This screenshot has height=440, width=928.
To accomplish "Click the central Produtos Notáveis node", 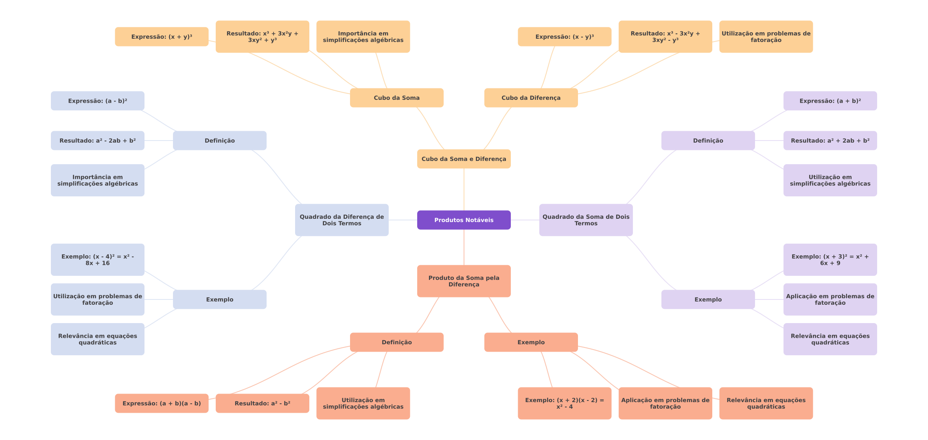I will (x=464, y=220).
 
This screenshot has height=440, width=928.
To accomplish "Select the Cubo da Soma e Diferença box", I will (x=464, y=159).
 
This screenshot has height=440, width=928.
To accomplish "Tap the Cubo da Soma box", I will (x=396, y=98).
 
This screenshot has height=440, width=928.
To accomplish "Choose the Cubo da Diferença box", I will (x=531, y=98).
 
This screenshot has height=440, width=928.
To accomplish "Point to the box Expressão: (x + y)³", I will (x=162, y=37).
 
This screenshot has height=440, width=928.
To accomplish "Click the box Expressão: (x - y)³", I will (x=565, y=37).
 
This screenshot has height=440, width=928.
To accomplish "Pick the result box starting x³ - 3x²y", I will (x=665, y=37).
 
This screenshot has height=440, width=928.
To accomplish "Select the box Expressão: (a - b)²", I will (x=97, y=101).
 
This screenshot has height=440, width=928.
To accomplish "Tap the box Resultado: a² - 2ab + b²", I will (x=97, y=141).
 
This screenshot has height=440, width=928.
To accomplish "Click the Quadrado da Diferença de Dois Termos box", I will (x=341, y=220).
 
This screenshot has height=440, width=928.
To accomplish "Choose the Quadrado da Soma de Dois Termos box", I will (x=586, y=220).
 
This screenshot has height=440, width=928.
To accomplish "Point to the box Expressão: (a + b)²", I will (x=830, y=101).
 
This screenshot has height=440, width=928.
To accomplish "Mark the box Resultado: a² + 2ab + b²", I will (x=830, y=141).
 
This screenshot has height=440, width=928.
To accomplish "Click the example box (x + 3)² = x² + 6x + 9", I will (x=830, y=260).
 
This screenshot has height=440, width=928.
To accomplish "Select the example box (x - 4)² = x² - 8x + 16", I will (x=97, y=260).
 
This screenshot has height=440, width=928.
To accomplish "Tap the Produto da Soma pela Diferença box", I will (x=464, y=281).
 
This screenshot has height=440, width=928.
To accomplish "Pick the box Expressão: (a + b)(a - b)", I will (x=162, y=403).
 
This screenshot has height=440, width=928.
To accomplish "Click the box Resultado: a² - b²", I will (x=262, y=403).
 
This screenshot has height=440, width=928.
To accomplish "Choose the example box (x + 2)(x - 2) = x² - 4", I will (x=565, y=403).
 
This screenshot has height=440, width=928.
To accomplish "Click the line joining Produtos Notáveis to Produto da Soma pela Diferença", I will (x=464, y=247).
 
